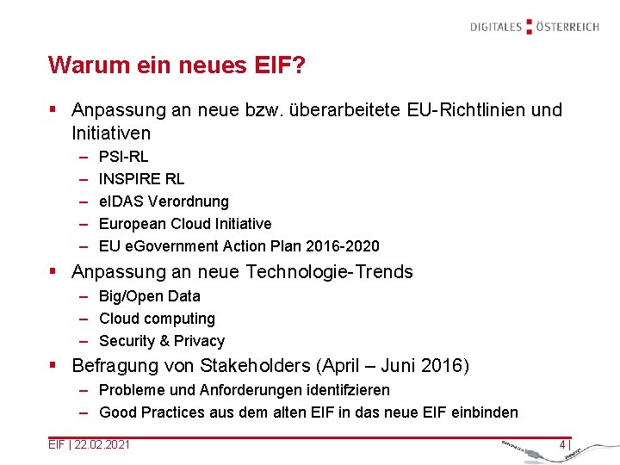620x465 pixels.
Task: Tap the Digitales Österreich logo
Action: click(x=534, y=27)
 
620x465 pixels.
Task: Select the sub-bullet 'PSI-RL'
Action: click(x=123, y=157)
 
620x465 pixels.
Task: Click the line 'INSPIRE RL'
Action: click(x=141, y=179)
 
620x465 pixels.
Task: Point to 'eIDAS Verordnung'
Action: click(x=164, y=201)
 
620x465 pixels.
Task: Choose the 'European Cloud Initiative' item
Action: click(x=185, y=224)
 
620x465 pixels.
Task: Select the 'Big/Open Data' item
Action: click(x=149, y=296)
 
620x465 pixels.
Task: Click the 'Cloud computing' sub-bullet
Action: click(x=157, y=319)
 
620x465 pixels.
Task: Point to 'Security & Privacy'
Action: click(x=162, y=341)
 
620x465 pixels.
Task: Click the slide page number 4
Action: click(x=562, y=444)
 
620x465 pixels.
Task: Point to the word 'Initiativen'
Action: click(x=111, y=133)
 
